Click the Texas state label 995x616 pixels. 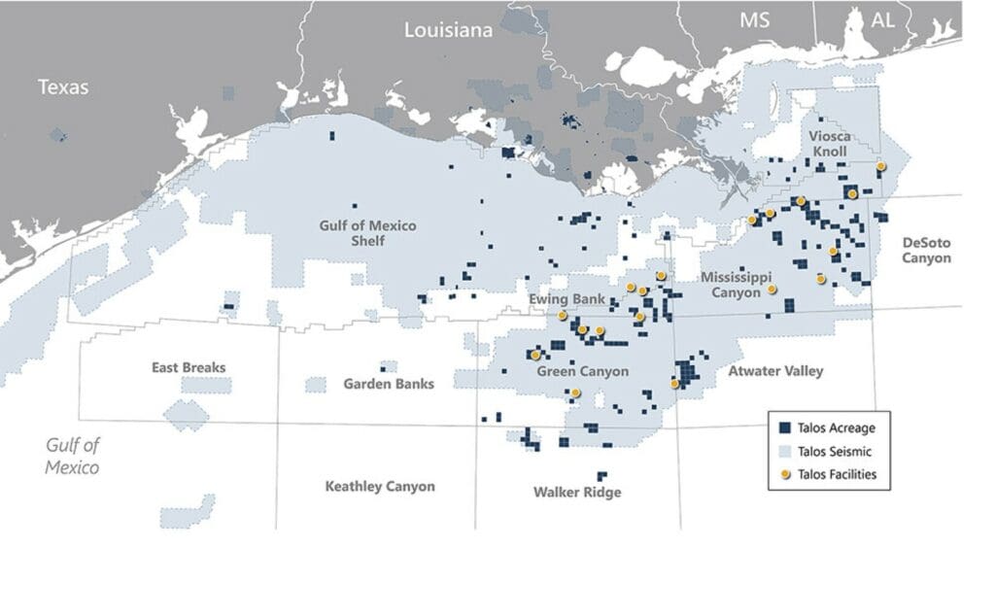tap(63, 87)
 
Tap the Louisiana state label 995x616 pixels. tap(448, 30)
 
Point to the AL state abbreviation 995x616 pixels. tap(883, 20)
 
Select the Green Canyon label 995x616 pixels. tap(582, 371)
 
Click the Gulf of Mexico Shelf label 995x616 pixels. tap(367, 233)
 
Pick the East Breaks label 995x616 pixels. tap(189, 367)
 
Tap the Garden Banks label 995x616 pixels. tap(389, 384)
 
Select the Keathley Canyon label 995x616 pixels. tap(380, 486)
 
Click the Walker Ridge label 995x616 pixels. tap(577, 492)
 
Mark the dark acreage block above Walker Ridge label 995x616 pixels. tap(601, 476)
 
